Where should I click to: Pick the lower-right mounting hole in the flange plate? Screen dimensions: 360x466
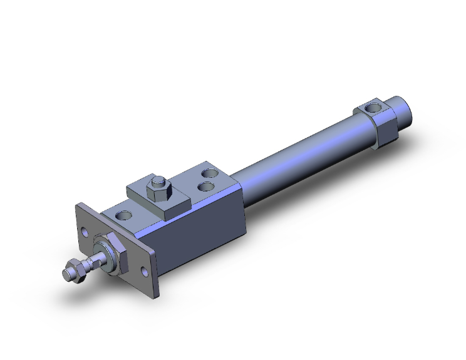pyautogui.click(x=146, y=272)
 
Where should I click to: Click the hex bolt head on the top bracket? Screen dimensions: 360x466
pyautogui.click(x=157, y=187)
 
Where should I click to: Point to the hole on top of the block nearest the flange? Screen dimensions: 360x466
pyautogui.click(x=125, y=215)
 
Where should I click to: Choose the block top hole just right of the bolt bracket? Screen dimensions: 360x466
pyautogui.click(x=203, y=185)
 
